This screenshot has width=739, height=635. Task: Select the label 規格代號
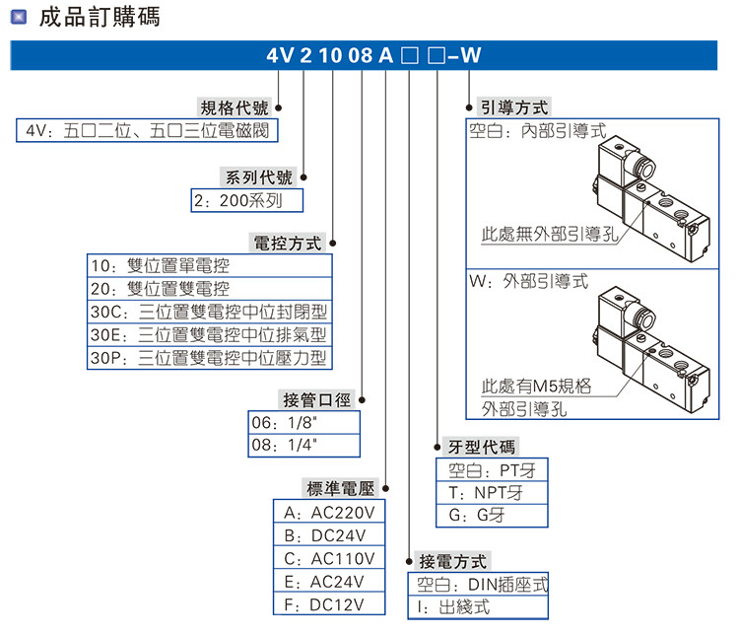pos(235,108)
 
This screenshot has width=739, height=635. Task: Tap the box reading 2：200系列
pos(247,200)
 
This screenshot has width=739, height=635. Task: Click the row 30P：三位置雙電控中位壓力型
pos(209,358)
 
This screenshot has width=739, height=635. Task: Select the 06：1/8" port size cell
pos(303,422)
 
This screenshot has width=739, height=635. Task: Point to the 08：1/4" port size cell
pos(303,445)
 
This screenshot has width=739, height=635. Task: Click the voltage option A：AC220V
pos(329,513)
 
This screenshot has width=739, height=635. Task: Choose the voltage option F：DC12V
pos(329,604)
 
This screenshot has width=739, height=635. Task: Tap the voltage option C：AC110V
pos(329,559)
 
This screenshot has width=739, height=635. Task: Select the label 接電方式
pos(452,562)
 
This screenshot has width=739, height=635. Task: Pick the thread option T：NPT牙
pos(491,492)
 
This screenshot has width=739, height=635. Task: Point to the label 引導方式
pos(512,108)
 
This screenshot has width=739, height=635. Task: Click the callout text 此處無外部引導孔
pos(549,235)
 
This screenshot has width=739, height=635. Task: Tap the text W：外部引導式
pos(528,281)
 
